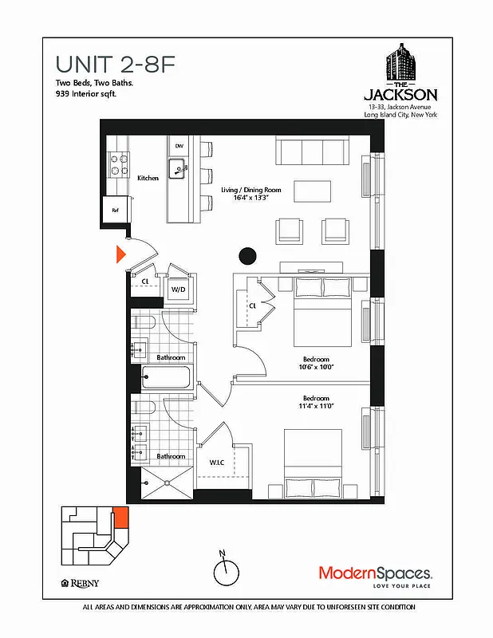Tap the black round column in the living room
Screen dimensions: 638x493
pyautogui.click(x=248, y=256)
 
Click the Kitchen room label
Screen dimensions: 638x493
pyautogui.click(x=148, y=178)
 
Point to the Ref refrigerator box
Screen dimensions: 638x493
pyautogui.click(x=116, y=211)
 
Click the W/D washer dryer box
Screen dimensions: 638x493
pyautogui.click(x=179, y=289)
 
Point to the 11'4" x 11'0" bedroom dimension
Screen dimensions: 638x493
pyautogui.click(x=316, y=407)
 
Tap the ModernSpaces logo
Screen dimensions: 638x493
pyautogui.click(x=376, y=573)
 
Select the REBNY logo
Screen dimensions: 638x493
pyautogui.click(x=81, y=583)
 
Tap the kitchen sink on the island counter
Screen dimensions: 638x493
pyautogui.click(x=179, y=167)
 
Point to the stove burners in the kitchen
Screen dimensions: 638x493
pyautogui.click(x=120, y=163)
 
